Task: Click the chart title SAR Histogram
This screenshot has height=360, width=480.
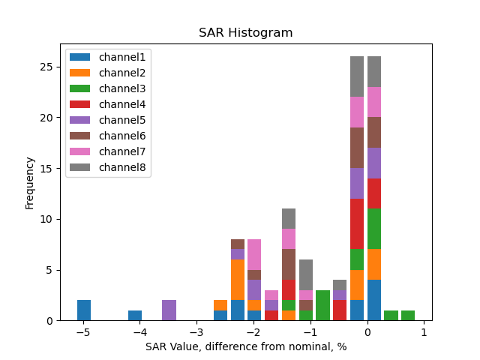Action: pyautogui.click(x=245, y=33)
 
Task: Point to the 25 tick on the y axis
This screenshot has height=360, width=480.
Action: pyautogui.click(x=49, y=67)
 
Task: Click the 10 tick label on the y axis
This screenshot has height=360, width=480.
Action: pyautogui.click(x=49, y=219)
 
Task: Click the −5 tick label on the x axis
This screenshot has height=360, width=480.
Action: pyautogui.click(x=83, y=332)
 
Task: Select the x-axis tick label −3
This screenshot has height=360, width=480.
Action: pyautogui.click(x=196, y=332)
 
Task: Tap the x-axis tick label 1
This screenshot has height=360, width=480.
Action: pyautogui.click(x=424, y=332)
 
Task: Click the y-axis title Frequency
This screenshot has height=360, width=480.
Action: pyautogui.click(x=30, y=182)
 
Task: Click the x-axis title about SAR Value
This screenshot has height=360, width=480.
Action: pyautogui.click(x=245, y=347)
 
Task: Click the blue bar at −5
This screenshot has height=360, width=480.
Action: pyautogui.click(x=84, y=310)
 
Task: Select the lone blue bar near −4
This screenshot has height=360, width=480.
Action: pyautogui.click(x=135, y=316)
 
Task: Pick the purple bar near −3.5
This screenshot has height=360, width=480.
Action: pyautogui.click(x=169, y=310)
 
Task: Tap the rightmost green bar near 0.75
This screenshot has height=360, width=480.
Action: pyautogui.click(x=408, y=316)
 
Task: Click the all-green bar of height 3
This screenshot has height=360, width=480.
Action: pyautogui.click(x=322, y=305)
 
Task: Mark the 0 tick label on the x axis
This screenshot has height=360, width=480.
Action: pyautogui.click(x=367, y=332)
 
